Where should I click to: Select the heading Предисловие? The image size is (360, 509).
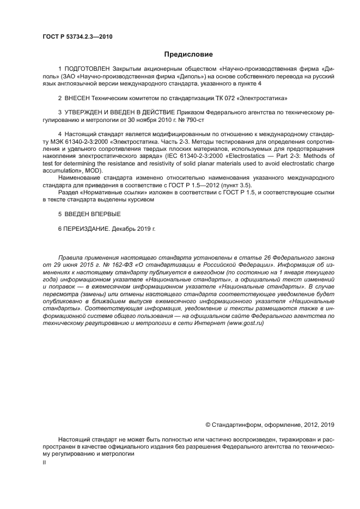click(x=188, y=54)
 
